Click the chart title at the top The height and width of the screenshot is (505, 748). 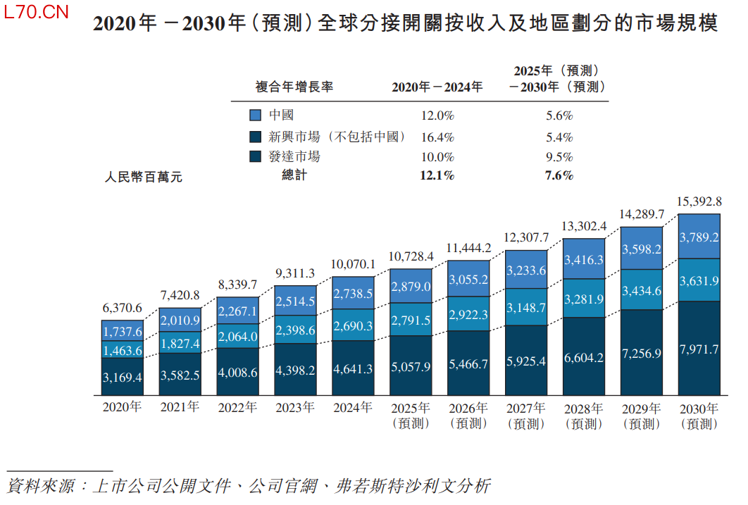pos(405,24)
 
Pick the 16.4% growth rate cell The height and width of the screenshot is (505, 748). pos(437,137)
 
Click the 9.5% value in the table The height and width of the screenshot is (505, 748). pos(559,157)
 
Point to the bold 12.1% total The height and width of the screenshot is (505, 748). pos(437,175)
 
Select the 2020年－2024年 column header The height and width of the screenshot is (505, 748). pos(437,87)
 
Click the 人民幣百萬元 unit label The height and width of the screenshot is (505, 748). pos(143,177)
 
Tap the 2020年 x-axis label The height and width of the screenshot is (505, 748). pos(122,408)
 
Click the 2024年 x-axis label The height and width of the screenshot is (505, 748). pos(353,408)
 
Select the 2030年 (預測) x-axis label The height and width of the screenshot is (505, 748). pos(699,416)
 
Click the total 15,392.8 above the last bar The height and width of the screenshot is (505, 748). pos(699,201)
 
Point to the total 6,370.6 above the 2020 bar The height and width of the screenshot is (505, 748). pos(122,308)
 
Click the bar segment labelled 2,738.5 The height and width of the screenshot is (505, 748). pos(353,292)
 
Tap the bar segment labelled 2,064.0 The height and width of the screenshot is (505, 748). pos(237,337)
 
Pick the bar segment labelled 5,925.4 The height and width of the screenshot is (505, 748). pos(526,360)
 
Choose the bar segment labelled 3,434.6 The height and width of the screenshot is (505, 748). pos(642,291)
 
